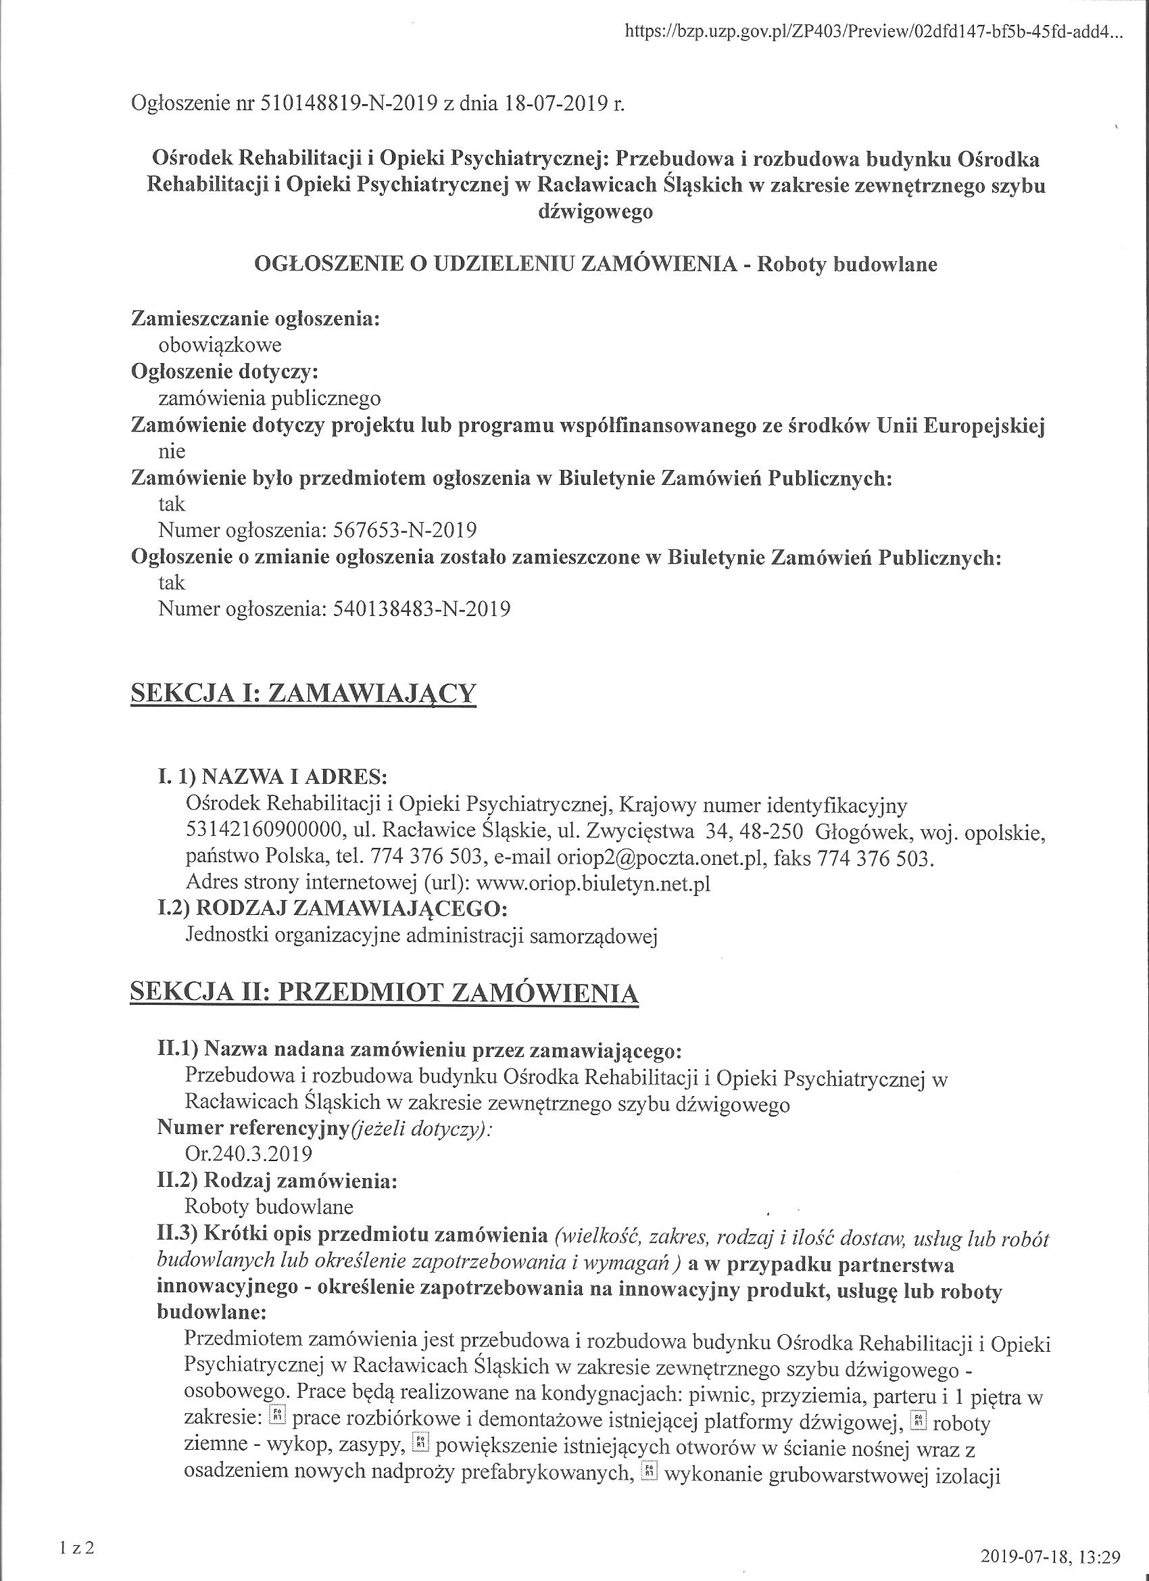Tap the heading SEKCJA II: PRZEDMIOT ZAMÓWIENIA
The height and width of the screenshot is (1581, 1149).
pos(384,993)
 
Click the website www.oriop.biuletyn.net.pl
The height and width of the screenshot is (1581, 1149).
pos(593,883)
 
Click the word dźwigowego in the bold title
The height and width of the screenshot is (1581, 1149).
pos(595,212)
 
